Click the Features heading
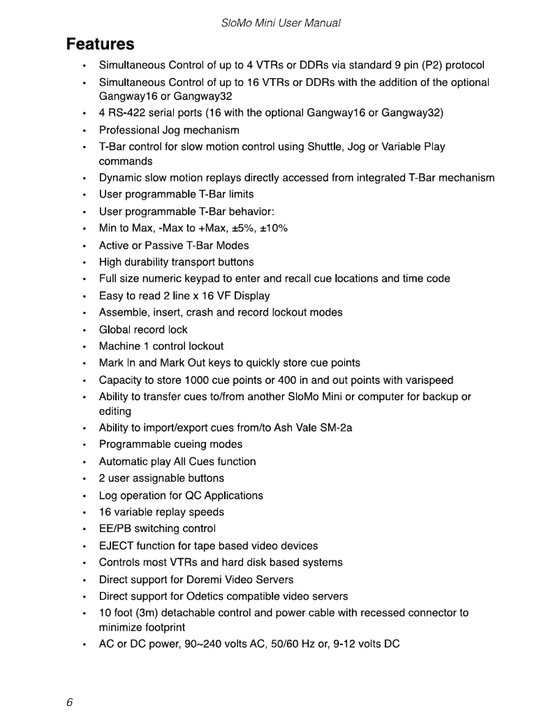point(100,44)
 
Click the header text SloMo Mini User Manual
point(280,23)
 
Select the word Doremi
point(205,579)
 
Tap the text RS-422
point(128,112)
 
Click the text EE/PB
point(115,529)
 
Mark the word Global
point(115,330)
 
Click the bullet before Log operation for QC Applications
point(84,496)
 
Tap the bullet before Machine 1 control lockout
point(84,346)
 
